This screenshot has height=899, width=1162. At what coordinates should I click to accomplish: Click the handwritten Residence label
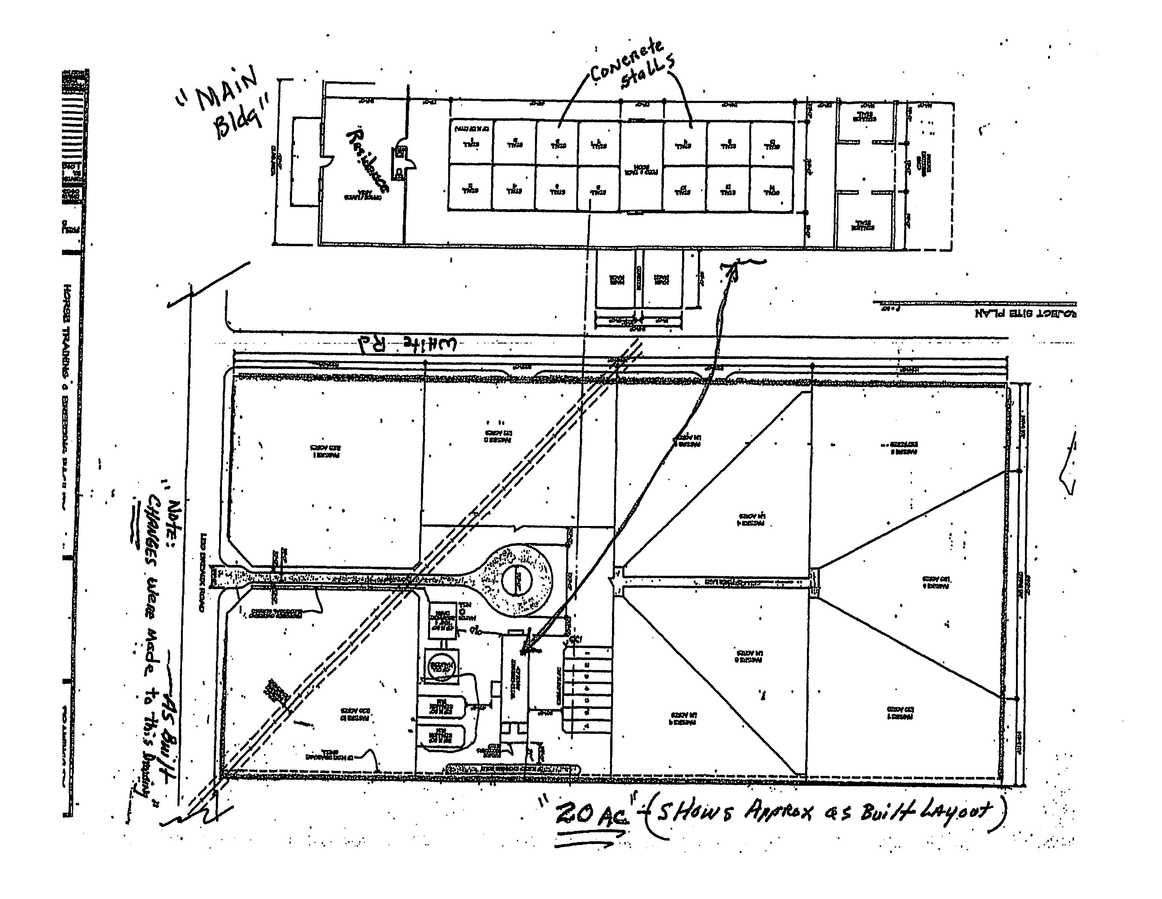point(367,160)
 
